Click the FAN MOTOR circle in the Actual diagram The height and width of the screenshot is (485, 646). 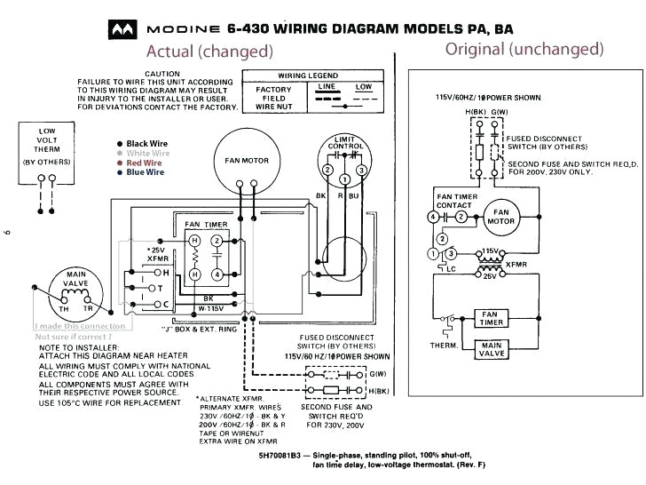click(240, 161)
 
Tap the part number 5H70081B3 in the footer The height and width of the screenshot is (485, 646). click(266, 452)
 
